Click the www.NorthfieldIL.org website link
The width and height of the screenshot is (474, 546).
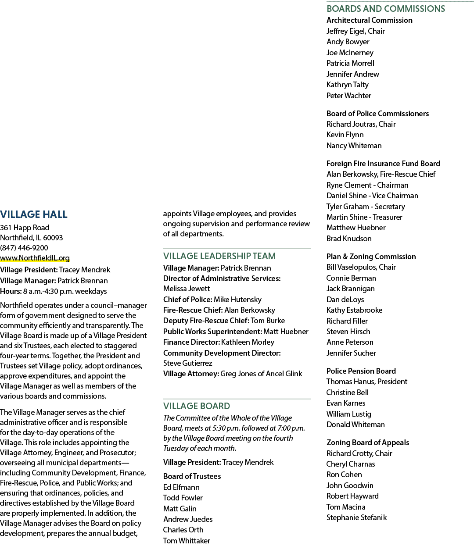click(35, 258)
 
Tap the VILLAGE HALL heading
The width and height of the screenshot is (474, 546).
click(34, 214)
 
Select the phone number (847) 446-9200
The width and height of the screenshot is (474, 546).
click(24, 248)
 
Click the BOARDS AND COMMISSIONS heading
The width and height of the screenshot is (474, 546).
click(386, 9)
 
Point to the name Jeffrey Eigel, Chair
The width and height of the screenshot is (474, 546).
click(355, 31)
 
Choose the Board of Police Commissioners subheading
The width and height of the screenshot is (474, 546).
click(377, 114)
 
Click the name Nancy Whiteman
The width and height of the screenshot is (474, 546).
click(354, 146)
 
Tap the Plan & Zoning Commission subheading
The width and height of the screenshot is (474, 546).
click(371, 257)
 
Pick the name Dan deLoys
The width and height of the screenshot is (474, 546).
click(345, 300)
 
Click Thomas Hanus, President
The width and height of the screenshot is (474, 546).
click(367, 382)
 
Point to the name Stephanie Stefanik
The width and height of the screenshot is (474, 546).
click(356, 517)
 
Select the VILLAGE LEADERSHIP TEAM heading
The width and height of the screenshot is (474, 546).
click(219, 256)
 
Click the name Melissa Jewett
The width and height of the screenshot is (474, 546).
click(187, 289)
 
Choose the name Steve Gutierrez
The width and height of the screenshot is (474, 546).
click(188, 363)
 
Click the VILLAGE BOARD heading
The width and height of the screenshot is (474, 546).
click(197, 406)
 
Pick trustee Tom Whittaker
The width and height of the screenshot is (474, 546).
click(187, 541)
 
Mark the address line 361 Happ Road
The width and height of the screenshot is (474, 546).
click(25, 228)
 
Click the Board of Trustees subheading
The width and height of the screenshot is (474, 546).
click(192, 476)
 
